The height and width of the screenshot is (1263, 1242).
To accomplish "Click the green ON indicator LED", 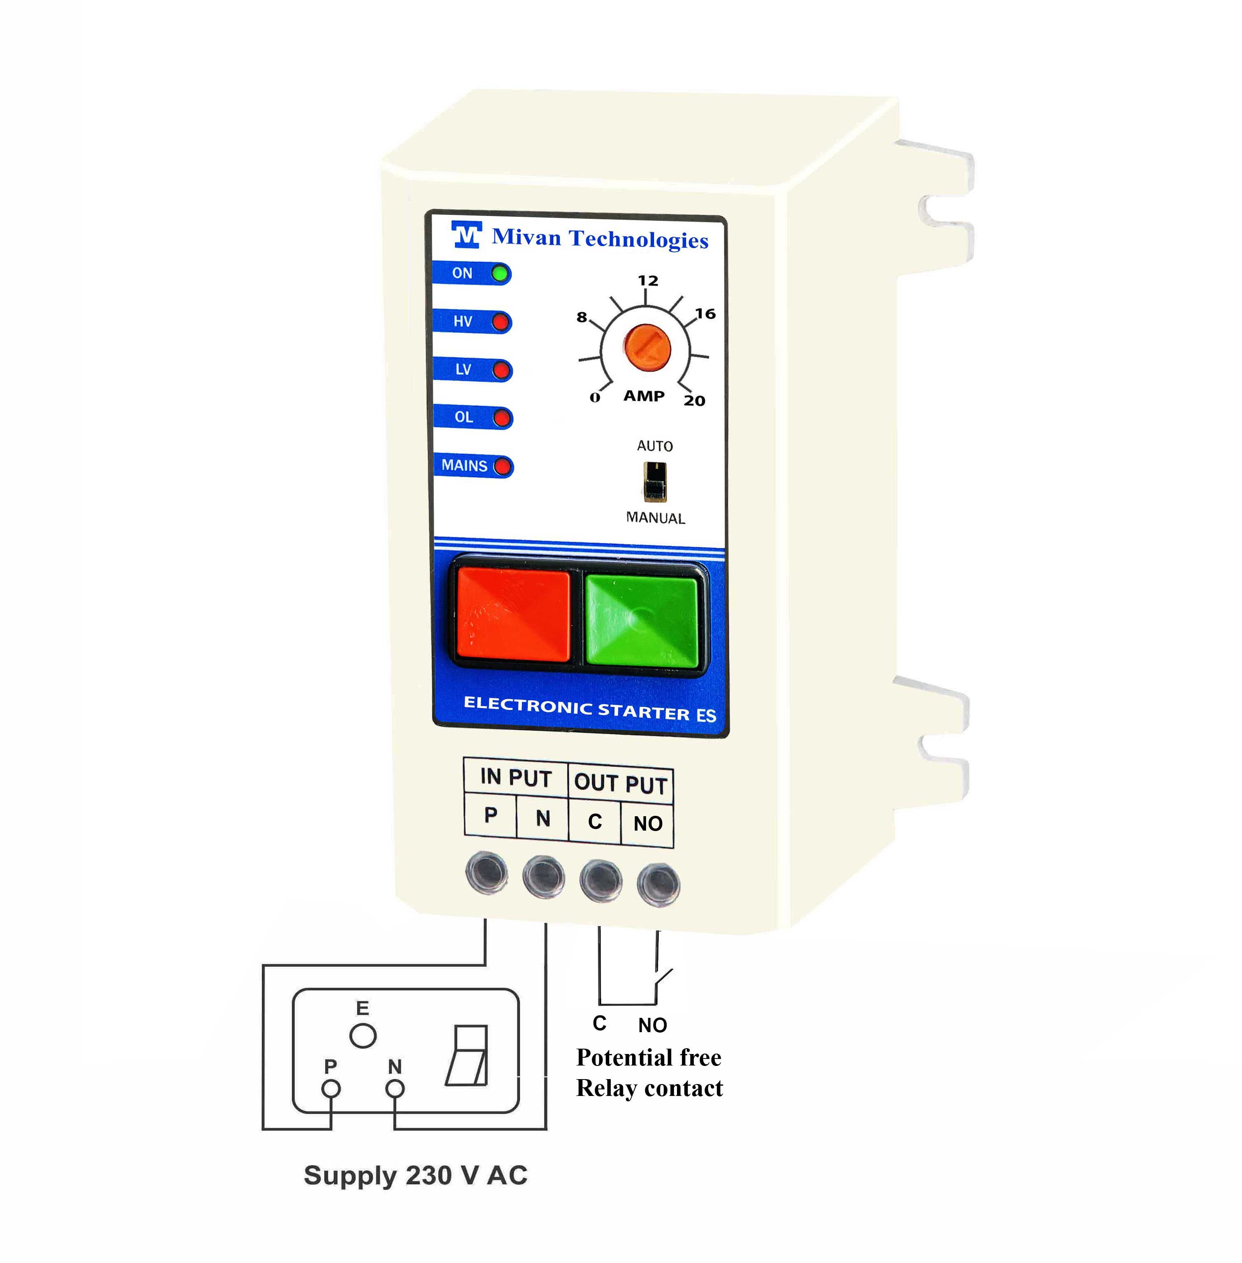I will click(500, 274).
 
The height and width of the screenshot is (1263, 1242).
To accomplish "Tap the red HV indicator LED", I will click(501, 322).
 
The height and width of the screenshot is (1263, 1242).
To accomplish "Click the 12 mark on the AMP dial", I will click(648, 281).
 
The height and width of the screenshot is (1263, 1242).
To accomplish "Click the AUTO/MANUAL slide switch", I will click(655, 482).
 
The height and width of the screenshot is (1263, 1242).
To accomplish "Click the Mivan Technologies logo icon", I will click(466, 235).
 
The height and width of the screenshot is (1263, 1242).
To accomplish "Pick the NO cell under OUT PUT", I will click(648, 824).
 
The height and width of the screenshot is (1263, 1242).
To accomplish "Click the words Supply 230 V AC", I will click(416, 1175).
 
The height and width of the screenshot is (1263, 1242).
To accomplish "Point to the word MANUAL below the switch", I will click(656, 518).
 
